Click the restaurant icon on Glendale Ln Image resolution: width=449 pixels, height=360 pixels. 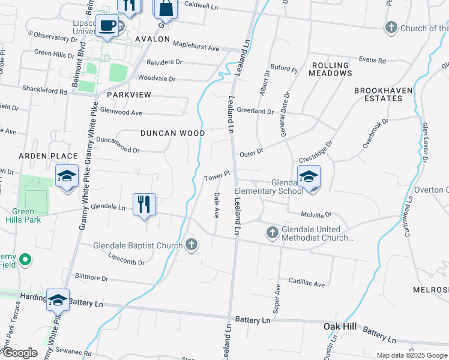click(144, 204)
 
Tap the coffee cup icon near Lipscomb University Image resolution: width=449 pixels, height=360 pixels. click(108, 26)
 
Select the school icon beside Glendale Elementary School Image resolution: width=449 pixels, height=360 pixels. click(309, 176)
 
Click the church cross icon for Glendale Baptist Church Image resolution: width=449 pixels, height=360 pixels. click(191, 244)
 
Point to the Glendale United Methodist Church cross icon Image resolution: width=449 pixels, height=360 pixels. click(271, 232)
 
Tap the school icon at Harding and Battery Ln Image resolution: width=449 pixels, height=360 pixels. click(58, 300)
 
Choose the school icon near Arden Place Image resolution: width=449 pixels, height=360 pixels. click(67, 176)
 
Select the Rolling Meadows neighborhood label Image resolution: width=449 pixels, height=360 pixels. click(330, 69)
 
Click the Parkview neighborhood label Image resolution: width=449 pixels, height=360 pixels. click(128, 95)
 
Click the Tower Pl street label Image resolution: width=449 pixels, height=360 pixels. click(217, 178)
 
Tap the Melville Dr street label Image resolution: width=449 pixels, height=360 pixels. click(316, 214)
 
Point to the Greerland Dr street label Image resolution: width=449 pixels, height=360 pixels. click(255, 111)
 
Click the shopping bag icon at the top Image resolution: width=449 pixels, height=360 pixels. click(166, 8)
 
